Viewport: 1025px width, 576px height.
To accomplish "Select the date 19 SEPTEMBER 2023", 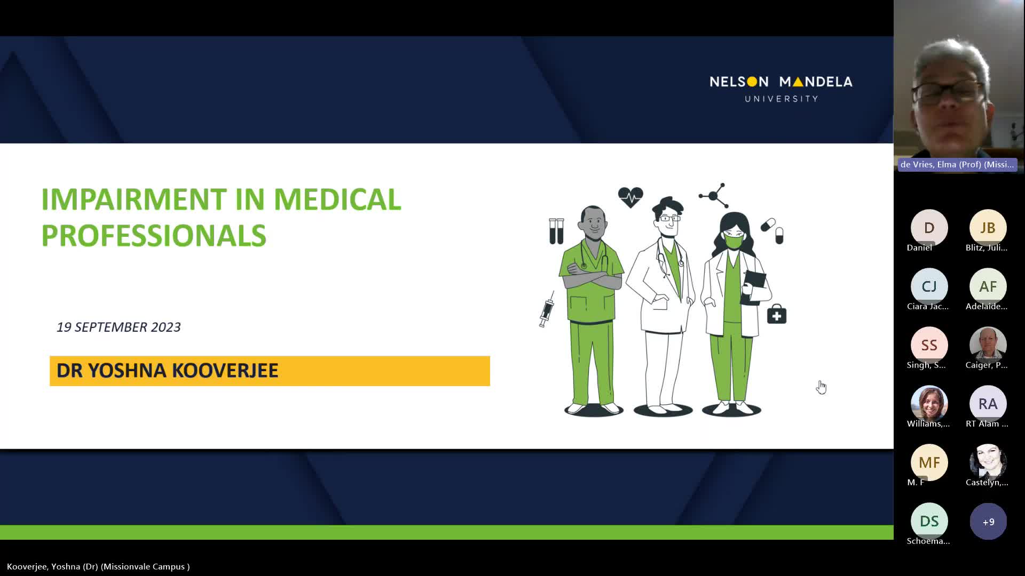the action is [119, 327].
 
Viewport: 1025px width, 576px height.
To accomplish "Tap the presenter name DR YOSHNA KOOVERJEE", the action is [167, 371].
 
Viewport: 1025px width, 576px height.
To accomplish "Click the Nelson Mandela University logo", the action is [781, 89].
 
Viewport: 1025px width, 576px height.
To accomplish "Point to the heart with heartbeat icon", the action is [630, 197].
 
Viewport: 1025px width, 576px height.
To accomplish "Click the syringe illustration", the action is [547, 309].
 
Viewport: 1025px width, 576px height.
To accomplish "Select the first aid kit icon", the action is [777, 315].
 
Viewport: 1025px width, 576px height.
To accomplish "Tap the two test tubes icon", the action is [556, 231].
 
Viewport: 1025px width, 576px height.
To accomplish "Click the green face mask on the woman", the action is [734, 242].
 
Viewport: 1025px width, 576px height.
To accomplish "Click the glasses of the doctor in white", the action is [670, 218].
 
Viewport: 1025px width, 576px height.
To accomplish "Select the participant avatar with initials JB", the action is [988, 228].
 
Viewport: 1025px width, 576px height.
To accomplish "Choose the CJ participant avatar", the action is [929, 286].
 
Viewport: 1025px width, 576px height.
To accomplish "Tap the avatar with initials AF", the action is [988, 286].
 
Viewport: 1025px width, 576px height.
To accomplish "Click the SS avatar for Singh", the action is [929, 345].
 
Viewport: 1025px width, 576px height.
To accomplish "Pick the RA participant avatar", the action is [988, 404].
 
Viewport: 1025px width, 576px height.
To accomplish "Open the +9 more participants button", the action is [988, 521].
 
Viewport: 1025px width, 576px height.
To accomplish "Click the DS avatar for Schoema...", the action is [929, 521].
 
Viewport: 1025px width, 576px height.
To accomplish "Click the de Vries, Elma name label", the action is [957, 164].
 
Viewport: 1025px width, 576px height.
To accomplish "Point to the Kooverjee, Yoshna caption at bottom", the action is [98, 566].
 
